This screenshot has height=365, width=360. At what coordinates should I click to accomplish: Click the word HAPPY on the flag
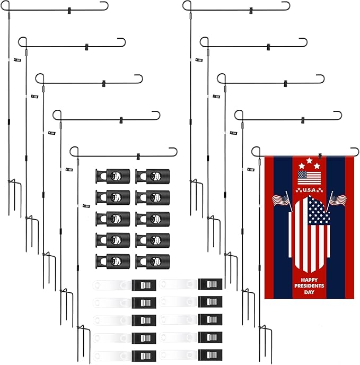(x=309, y=280)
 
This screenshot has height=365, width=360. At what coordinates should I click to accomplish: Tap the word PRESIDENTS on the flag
(x=309, y=286)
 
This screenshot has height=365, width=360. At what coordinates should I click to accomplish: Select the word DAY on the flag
(x=309, y=292)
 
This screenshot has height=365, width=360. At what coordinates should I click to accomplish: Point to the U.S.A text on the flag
(x=309, y=190)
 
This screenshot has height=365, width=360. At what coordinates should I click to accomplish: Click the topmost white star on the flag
(x=309, y=160)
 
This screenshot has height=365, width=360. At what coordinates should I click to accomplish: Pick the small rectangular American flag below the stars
(x=309, y=178)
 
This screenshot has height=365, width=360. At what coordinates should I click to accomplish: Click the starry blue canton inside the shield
(x=318, y=211)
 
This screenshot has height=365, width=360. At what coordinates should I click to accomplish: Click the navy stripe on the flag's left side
(x=283, y=227)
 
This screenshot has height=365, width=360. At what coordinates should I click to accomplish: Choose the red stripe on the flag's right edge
(x=349, y=227)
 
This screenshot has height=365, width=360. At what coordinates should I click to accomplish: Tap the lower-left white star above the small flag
(x=302, y=166)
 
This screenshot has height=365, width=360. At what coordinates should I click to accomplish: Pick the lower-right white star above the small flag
(x=317, y=166)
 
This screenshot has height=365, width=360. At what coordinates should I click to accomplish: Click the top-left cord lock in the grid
(x=112, y=176)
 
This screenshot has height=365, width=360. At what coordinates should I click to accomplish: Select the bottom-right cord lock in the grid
(x=153, y=262)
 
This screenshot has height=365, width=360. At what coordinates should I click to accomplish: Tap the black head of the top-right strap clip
(x=210, y=284)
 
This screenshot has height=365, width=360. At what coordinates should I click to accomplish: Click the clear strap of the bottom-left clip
(x=112, y=356)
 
